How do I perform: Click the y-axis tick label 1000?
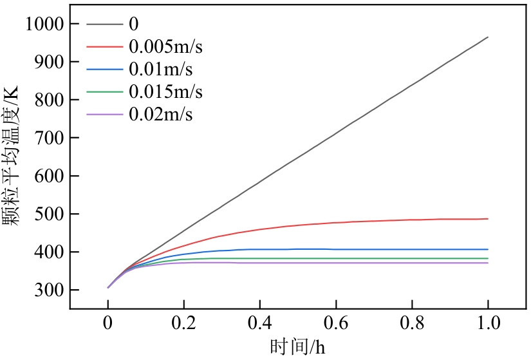(x=44, y=24)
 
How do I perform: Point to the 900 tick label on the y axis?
(x=49, y=62)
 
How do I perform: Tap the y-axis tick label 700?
(x=49, y=138)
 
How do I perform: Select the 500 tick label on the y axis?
(x=49, y=214)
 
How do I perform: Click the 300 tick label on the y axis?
(x=49, y=290)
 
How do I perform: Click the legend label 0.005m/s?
(x=170, y=46)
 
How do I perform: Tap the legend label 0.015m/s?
(x=165, y=91)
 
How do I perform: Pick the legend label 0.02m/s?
(x=161, y=114)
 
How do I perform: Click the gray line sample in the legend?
(x=104, y=24)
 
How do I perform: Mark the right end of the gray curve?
(x=488, y=37)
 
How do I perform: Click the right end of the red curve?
(x=488, y=219)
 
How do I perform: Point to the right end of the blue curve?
(x=488, y=249)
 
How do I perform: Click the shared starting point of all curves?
(x=108, y=287)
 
